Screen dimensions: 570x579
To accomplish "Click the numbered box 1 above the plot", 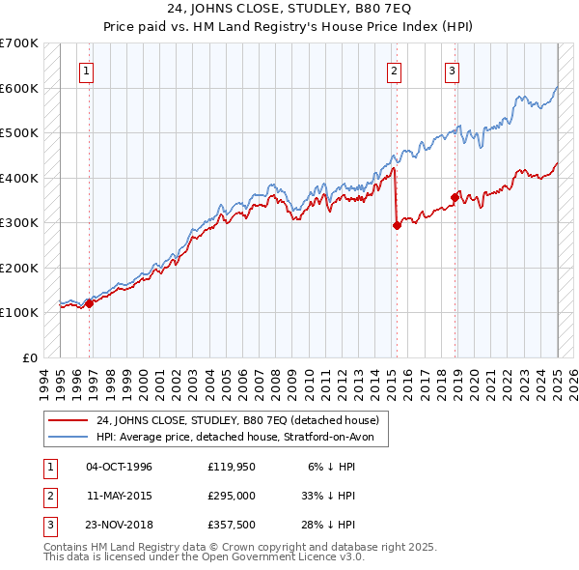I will tap(87, 70).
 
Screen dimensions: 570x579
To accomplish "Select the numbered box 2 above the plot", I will tap(395, 70).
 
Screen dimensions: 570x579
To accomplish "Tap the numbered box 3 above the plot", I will tap(452, 70).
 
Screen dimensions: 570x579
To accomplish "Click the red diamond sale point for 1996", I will tap(90, 303).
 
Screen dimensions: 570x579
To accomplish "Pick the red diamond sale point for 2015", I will tap(397, 225).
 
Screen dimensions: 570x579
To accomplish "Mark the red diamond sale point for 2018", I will tap(455, 197).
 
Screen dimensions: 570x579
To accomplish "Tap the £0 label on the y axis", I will tap(31, 357).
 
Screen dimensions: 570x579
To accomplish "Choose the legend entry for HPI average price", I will tap(241, 438).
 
